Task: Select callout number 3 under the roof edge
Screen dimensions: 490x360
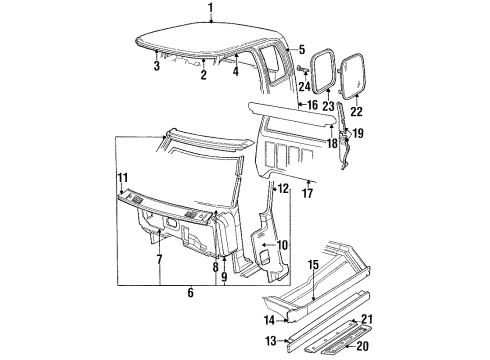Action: pyautogui.click(x=156, y=66)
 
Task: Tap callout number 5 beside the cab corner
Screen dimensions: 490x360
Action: pyautogui.click(x=299, y=48)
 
